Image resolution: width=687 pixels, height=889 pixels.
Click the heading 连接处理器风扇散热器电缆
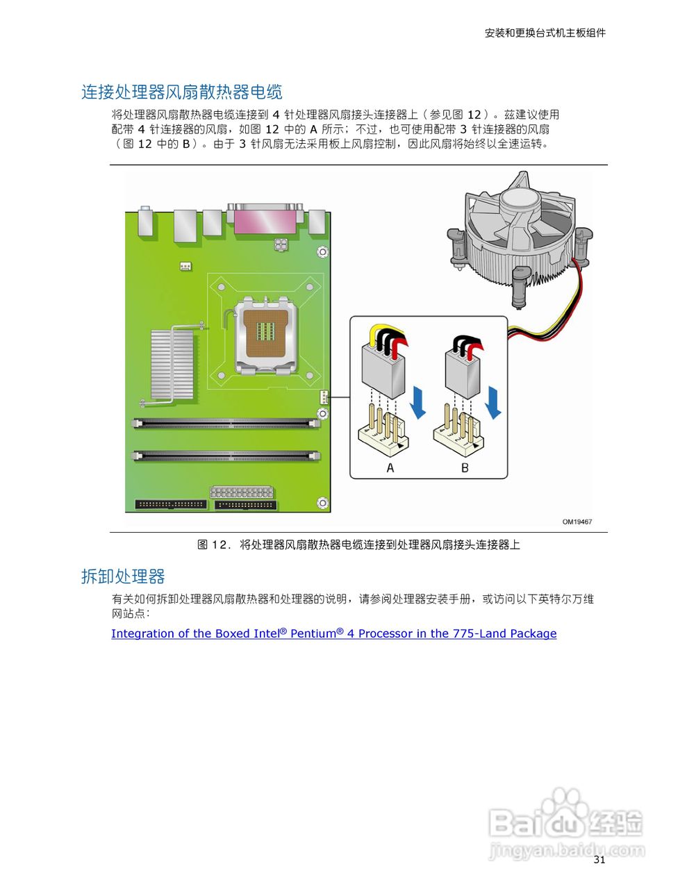click(181, 92)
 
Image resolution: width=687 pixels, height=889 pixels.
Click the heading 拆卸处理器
click(123, 576)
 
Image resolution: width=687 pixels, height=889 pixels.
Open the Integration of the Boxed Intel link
click(333, 633)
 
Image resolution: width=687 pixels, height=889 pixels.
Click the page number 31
click(599, 860)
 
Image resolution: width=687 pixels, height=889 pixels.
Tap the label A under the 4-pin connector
click(390, 468)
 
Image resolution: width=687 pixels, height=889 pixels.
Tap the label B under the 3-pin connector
click(465, 468)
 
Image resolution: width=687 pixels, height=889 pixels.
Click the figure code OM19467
click(577, 522)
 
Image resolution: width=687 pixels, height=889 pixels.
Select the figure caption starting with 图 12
click(358, 545)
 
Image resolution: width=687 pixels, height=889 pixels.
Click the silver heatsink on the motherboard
click(172, 364)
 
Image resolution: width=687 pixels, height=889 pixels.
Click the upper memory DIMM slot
click(227, 422)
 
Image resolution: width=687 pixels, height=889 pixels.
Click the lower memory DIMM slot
click(227, 456)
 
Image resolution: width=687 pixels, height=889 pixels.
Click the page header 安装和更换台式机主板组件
click(545, 33)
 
